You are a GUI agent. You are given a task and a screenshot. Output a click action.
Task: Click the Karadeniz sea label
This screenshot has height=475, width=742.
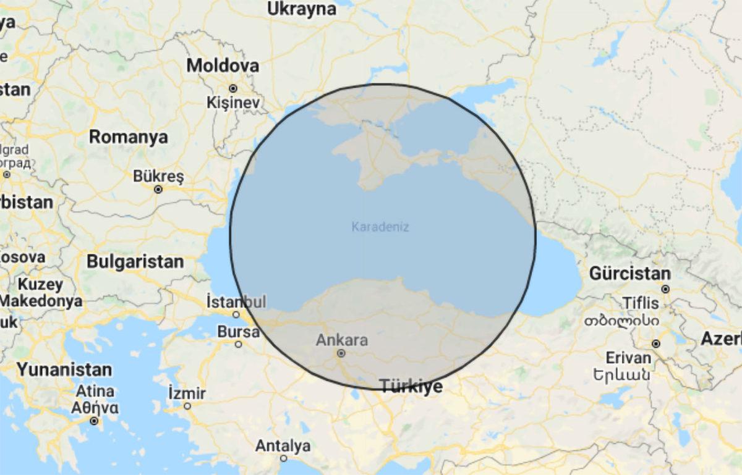(x=380, y=227)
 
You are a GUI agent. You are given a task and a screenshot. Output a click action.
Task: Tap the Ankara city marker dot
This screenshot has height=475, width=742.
(x=341, y=353)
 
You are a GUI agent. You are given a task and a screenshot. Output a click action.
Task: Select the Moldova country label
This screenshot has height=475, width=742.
(x=223, y=65)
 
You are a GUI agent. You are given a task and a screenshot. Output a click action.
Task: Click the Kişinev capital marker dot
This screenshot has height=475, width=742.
(x=233, y=88)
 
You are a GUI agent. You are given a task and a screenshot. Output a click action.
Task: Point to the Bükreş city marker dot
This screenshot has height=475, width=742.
(x=158, y=190)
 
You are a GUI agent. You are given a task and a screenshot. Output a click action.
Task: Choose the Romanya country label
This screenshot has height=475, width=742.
(x=128, y=137)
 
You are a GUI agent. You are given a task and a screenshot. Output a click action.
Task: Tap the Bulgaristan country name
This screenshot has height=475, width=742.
(x=135, y=261)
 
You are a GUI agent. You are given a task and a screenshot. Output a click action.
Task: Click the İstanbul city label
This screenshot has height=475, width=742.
(x=236, y=302)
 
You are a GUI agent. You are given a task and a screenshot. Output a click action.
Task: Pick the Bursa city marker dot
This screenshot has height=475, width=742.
(x=238, y=344)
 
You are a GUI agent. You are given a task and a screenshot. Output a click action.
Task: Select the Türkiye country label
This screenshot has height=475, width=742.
(x=411, y=387)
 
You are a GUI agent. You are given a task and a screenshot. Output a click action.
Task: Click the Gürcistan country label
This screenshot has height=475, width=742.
(x=629, y=274)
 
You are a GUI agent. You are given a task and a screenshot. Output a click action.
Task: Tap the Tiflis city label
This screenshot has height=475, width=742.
(x=645, y=303)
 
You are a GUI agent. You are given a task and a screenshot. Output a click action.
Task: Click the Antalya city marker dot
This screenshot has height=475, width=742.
(x=283, y=458)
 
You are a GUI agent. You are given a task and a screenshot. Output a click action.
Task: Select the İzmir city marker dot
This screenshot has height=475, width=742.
(x=187, y=406)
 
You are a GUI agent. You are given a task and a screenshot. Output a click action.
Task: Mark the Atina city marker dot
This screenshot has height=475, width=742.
(x=94, y=421)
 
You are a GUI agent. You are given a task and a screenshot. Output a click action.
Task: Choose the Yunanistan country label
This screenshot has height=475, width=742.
(x=64, y=370)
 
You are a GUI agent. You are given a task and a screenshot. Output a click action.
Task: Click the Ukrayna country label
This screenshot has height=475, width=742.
(x=302, y=9)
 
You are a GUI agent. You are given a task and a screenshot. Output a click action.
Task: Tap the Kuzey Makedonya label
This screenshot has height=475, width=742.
(x=41, y=293)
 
